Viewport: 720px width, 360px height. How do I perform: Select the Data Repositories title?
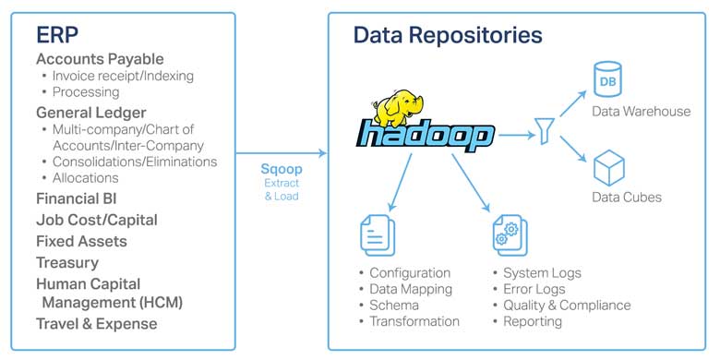[448, 36]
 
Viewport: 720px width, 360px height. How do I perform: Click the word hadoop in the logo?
[426, 137]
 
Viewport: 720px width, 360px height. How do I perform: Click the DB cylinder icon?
[607, 78]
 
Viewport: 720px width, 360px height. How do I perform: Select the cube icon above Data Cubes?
[609, 167]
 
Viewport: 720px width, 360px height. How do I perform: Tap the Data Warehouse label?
[641, 111]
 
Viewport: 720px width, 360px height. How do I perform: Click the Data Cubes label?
[626, 197]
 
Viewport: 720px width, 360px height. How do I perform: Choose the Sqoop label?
[281, 170]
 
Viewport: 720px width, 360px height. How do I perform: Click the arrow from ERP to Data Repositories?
[282, 152]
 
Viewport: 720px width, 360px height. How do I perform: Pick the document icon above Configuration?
[378, 234]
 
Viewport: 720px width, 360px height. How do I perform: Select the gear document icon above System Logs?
[510, 234]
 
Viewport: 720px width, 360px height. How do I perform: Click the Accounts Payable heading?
[100, 59]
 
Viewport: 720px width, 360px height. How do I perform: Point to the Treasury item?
[67, 262]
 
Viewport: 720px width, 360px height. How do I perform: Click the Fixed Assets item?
[81, 241]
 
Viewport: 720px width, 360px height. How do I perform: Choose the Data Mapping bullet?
[409, 289]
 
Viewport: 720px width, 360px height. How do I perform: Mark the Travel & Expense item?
[96, 323]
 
